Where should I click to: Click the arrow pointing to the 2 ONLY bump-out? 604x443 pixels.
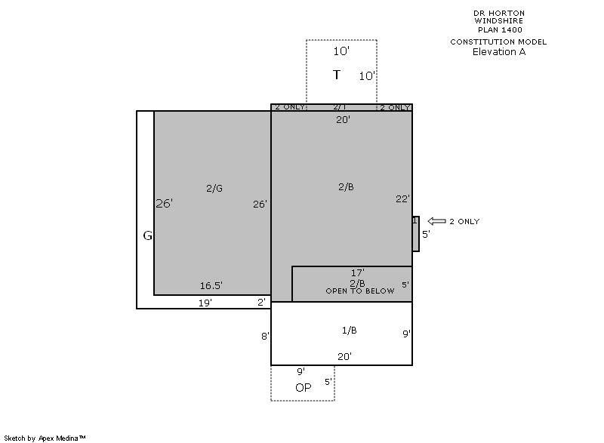(437, 221)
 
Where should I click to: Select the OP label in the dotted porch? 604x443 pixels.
(304, 388)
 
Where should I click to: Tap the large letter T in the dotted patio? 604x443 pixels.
(337, 75)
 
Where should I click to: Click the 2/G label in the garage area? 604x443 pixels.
(214, 188)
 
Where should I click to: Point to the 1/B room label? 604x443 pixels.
(350, 331)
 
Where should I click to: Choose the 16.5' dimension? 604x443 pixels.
(211, 285)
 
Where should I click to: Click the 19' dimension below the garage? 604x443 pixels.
(205, 303)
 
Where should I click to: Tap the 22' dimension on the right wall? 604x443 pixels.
(403, 199)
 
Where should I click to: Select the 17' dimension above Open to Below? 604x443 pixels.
(357, 273)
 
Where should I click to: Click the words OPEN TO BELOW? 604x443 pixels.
(360, 291)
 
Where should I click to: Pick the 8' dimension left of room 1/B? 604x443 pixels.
(265, 336)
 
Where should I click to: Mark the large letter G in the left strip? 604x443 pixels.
(147, 235)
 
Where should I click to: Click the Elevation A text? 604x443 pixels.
(499, 52)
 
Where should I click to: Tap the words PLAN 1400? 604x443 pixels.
(500, 29)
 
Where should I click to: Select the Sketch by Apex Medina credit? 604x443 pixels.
(45, 438)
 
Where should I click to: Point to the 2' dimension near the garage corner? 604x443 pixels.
(261, 302)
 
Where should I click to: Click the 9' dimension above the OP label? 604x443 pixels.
(300, 371)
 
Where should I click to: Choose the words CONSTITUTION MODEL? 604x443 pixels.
(498, 42)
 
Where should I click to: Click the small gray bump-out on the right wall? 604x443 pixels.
(416, 234)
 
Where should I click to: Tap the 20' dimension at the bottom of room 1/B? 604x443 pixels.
(345, 357)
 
